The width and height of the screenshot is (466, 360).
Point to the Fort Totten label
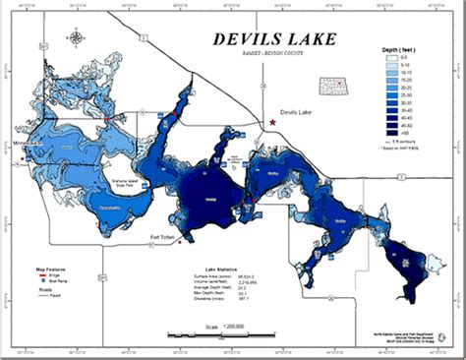tap(165, 237)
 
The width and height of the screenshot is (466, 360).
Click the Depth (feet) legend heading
tap(404, 48)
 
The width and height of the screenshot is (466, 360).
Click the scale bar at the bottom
tap(233, 335)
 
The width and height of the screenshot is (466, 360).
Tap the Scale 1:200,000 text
tap(233, 326)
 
